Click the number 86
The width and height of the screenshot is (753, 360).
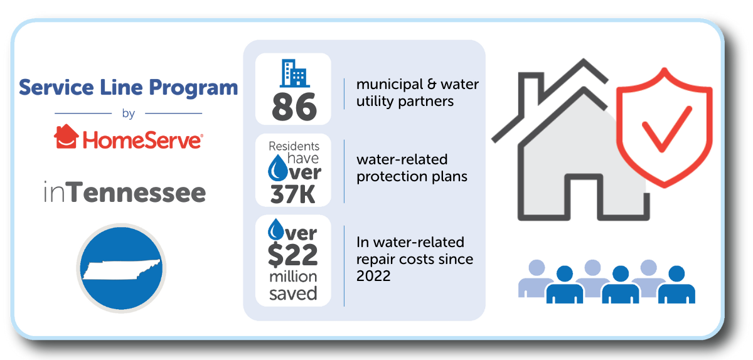[294, 107]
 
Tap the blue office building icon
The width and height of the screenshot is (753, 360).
[295, 73]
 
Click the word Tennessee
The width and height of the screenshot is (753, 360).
[138, 192]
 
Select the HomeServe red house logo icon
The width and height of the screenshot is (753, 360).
[67, 136]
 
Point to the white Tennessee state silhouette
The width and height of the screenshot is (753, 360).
[121, 270]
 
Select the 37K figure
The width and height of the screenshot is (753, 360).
[293, 194]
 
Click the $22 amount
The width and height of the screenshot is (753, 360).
[293, 255]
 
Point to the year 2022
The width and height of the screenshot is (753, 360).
[373, 276]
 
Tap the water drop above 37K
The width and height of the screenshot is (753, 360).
[277, 167]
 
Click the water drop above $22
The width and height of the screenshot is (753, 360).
[276, 230]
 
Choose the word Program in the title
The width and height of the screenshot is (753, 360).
[193, 88]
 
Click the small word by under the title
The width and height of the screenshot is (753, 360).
[129, 114]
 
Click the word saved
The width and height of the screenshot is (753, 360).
[293, 294]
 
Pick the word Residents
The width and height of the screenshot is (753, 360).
[294, 146]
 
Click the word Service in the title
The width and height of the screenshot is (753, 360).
[56, 87]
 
